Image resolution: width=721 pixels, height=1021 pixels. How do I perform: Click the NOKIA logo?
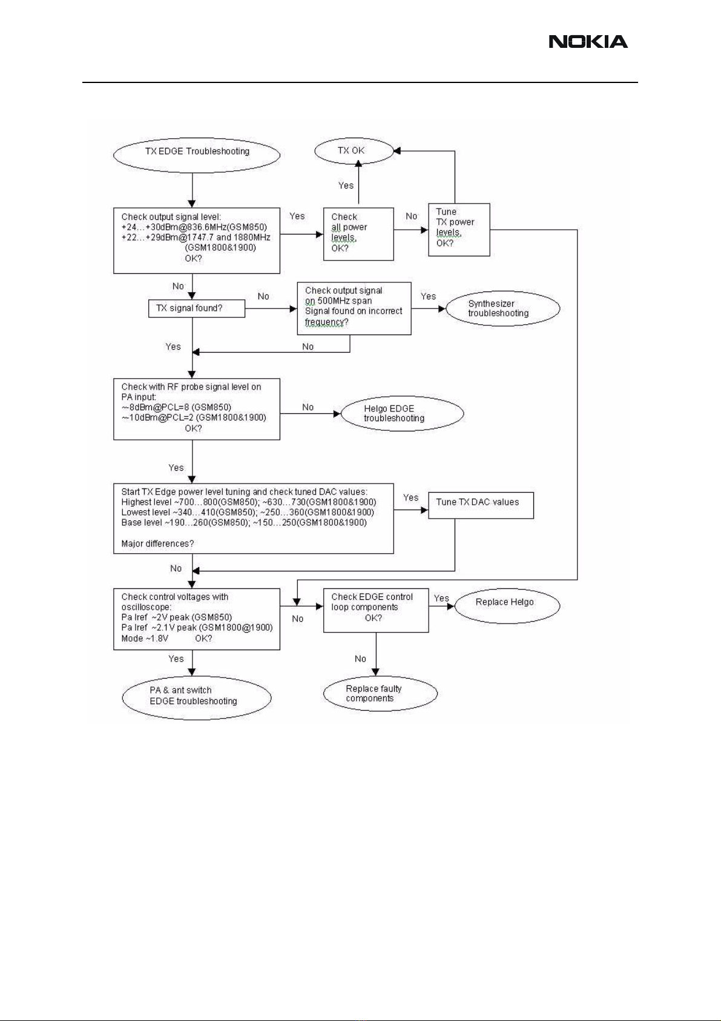[588, 42]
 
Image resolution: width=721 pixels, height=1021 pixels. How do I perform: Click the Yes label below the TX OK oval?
[346, 185]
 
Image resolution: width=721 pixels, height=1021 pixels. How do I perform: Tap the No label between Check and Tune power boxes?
[411, 216]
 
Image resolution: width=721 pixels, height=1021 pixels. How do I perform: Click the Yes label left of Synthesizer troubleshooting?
[428, 296]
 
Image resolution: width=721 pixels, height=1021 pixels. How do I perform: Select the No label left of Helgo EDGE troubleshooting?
[308, 407]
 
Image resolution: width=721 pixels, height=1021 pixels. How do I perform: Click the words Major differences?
[157, 544]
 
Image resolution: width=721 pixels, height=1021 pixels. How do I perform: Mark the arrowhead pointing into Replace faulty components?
[376, 673]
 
